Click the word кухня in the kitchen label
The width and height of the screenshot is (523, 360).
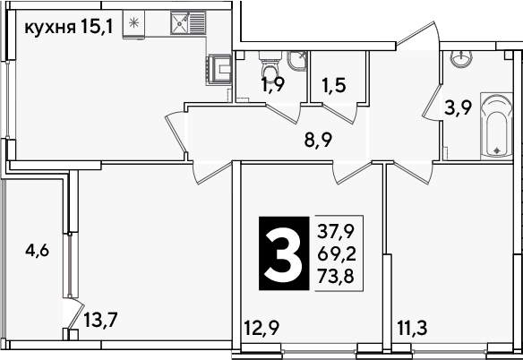point(50,28)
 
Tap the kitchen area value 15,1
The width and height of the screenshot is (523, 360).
point(97,27)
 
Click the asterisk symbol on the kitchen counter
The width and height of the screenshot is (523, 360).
point(133,22)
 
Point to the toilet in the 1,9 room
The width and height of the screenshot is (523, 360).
point(270,67)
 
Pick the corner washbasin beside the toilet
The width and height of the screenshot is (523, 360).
point(296,61)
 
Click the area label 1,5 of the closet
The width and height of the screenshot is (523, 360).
point(334,86)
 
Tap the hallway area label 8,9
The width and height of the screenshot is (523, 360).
point(318,141)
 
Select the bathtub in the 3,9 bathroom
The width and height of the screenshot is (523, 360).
point(496,126)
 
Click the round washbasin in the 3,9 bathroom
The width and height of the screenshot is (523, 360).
point(461,58)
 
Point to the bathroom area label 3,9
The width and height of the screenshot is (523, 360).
point(458,108)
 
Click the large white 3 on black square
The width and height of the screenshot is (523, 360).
point(284,253)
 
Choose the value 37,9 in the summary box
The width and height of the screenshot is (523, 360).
point(336,232)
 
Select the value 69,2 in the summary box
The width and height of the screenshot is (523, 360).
point(337,254)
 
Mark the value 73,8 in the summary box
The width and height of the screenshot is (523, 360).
point(336,276)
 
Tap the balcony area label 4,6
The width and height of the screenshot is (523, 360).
point(38,251)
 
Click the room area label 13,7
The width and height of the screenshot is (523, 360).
point(100,321)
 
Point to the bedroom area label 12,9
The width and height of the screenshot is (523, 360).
point(261,329)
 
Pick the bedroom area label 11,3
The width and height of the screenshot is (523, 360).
point(412,329)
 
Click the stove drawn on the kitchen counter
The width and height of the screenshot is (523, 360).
point(219,69)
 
